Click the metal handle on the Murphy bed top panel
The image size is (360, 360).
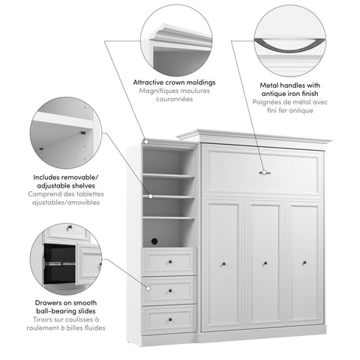point(264,172)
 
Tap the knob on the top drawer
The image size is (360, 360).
point(169,262)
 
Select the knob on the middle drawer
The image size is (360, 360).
point(169,289)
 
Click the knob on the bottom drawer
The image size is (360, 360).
point(169,318)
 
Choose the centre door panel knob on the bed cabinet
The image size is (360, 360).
point(264,262)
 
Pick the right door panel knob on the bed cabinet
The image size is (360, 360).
point(304,262)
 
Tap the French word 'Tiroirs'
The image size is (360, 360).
point(44,318)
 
